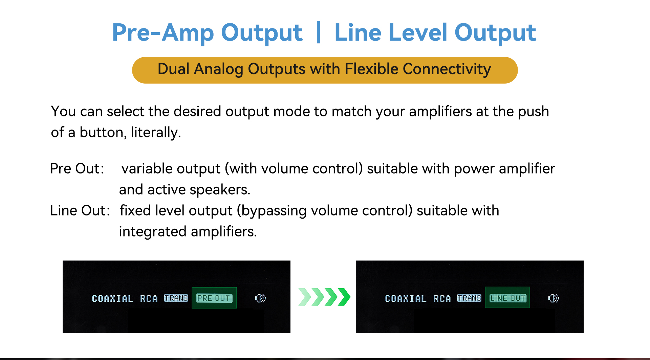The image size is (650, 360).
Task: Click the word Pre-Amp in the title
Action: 163,33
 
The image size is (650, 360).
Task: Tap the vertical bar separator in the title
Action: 318,32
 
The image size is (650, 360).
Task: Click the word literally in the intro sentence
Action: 154,132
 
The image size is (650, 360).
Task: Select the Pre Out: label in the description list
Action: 77,168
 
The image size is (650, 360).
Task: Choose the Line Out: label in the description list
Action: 80,210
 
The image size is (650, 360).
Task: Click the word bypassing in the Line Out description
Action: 273,211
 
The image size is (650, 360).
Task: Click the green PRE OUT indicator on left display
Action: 214,298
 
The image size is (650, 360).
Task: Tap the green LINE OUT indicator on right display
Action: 507,298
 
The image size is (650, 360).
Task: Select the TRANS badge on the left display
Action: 176,298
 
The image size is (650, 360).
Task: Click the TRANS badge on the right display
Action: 469,298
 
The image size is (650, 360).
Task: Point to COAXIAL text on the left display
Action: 112,299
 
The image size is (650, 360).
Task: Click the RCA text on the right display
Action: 442,299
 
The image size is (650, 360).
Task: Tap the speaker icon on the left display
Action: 260,298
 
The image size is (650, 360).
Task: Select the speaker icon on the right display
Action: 554,298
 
